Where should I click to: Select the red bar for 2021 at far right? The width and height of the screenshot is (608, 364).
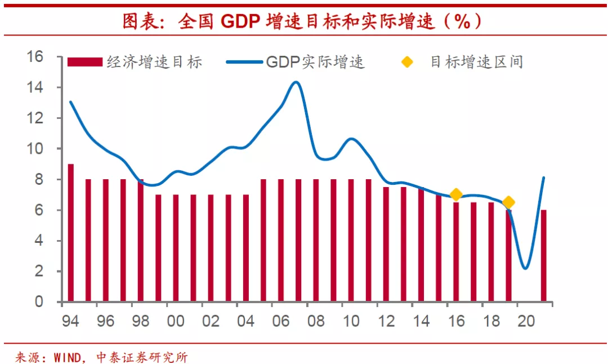click(x=543, y=256)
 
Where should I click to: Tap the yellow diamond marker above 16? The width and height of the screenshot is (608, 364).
click(x=456, y=194)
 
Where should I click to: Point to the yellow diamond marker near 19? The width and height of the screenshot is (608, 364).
click(x=508, y=202)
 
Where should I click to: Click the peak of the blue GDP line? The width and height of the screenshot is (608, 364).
click(x=296, y=82)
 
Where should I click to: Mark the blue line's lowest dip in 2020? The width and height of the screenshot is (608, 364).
click(x=525, y=268)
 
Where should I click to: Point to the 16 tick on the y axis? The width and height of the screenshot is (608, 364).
click(x=35, y=57)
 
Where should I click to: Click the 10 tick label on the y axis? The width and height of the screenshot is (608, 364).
click(x=35, y=149)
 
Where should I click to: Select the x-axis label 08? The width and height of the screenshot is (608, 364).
click(x=316, y=321)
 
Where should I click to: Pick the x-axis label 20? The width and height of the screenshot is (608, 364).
click(x=526, y=321)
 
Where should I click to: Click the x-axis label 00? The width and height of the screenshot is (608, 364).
click(x=176, y=321)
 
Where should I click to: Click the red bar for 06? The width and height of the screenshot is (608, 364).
click(x=281, y=241)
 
